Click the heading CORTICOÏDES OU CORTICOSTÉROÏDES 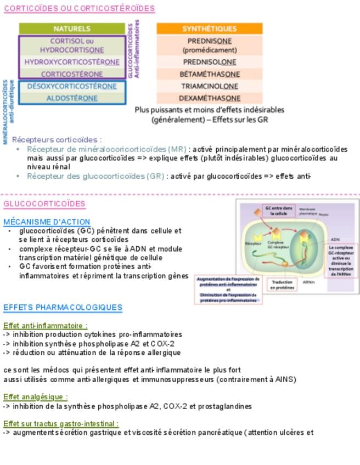(79, 8)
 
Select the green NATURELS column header (72, 29)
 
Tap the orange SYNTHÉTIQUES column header (209, 29)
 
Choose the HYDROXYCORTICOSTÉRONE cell (72, 62)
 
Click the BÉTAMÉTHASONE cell (209, 74)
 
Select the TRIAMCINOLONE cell (209, 86)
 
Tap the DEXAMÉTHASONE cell (209, 98)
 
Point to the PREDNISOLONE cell (209, 62)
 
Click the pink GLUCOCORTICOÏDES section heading (44, 204)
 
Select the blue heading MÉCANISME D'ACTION (47, 222)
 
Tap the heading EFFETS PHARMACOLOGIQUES (63, 307)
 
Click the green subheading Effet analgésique (36, 397)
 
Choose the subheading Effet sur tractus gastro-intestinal (61, 423)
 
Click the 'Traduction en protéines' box (283, 284)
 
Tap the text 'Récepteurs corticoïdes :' (57, 140)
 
